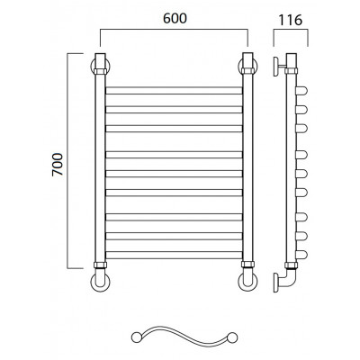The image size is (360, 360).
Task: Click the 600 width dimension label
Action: (x=175, y=19)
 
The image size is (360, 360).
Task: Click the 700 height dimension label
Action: (x=58, y=165)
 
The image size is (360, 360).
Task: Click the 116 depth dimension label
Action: (x=291, y=20)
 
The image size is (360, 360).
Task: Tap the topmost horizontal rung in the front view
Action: (x=174, y=91)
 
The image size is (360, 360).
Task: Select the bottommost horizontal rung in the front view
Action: (x=174, y=255)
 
